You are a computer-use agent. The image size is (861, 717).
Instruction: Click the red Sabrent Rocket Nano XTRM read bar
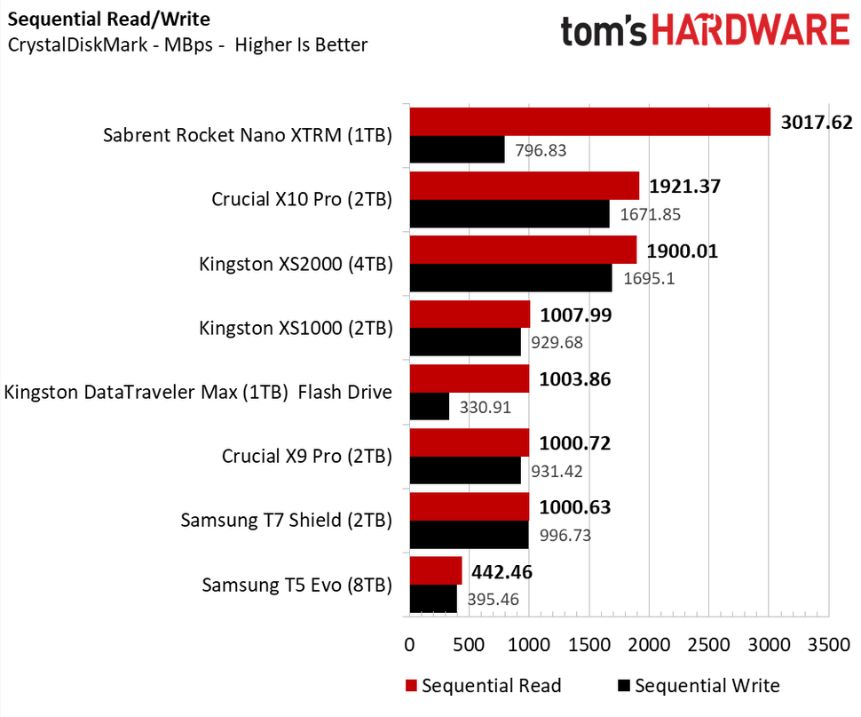[x=589, y=122]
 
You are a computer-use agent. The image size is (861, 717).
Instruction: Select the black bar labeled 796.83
[x=456, y=150]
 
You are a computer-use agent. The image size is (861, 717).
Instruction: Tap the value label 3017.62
[x=817, y=122]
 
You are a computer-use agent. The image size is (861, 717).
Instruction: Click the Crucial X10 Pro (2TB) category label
[x=302, y=200]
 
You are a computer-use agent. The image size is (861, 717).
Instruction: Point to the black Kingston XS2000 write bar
[x=510, y=278]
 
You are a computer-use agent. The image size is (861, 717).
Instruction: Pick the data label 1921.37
[x=684, y=187]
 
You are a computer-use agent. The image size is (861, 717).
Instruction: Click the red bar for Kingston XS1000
[x=470, y=315]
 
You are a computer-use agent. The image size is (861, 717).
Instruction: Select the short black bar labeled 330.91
[x=429, y=407]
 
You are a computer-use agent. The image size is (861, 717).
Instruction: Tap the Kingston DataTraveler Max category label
[x=198, y=392]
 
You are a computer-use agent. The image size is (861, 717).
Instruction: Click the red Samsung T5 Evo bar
[x=435, y=570]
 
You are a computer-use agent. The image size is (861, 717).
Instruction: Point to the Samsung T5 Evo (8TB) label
[x=296, y=585]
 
